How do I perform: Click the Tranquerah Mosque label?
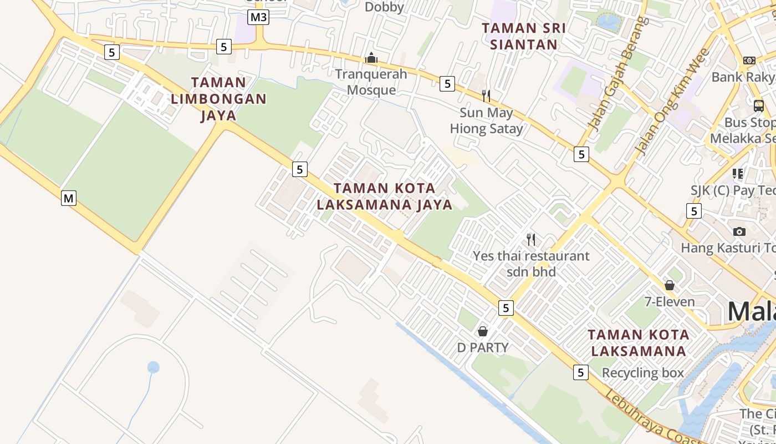coord(371,82)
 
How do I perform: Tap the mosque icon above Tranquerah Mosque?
coord(371,58)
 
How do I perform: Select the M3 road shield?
coord(258,17)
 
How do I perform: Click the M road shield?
coord(68,198)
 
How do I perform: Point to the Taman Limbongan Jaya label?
coord(218,99)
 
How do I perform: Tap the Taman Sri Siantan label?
coord(524,36)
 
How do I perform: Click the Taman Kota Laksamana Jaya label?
coord(385,196)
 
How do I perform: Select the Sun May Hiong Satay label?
coord(486,121)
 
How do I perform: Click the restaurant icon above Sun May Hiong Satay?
coord(486,96)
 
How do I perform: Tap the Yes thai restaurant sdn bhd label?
coord(531,264)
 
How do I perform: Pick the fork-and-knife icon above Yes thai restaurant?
coord(531,239)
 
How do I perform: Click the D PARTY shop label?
coord(483,348)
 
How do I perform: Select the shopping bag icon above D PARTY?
coord(483,331)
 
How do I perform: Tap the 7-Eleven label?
coord(670,302)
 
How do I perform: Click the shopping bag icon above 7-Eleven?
coord(670,285)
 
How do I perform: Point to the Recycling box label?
coord(643,373)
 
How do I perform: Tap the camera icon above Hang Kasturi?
coord(739,231)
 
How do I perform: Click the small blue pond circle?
coord(154,367)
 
